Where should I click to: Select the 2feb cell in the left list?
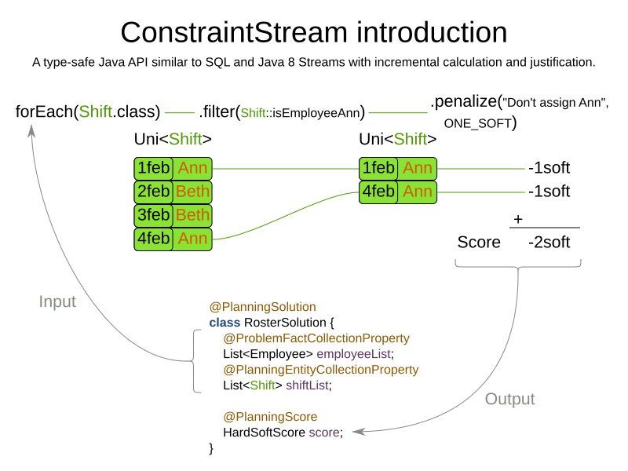click(154, 192)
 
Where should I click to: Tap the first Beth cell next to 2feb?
click(193, 192)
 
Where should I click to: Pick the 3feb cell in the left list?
click(154, 215)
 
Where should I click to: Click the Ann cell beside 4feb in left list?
click(193, 239)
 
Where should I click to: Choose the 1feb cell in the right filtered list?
click(378, 168)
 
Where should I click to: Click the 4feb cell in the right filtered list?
click(378, 192)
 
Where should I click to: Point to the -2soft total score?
click(549, 243)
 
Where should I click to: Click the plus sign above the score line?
click(518, 219)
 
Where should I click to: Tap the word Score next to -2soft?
click(479, 243)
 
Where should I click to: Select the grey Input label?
click(57, 302)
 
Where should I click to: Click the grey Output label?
click(509, 399)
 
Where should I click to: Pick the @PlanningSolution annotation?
click(262, 307)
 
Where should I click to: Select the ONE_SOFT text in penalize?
click(477, 123)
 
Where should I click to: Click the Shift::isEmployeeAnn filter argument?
click(301, 113)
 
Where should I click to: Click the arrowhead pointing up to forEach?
click(32, 131)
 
